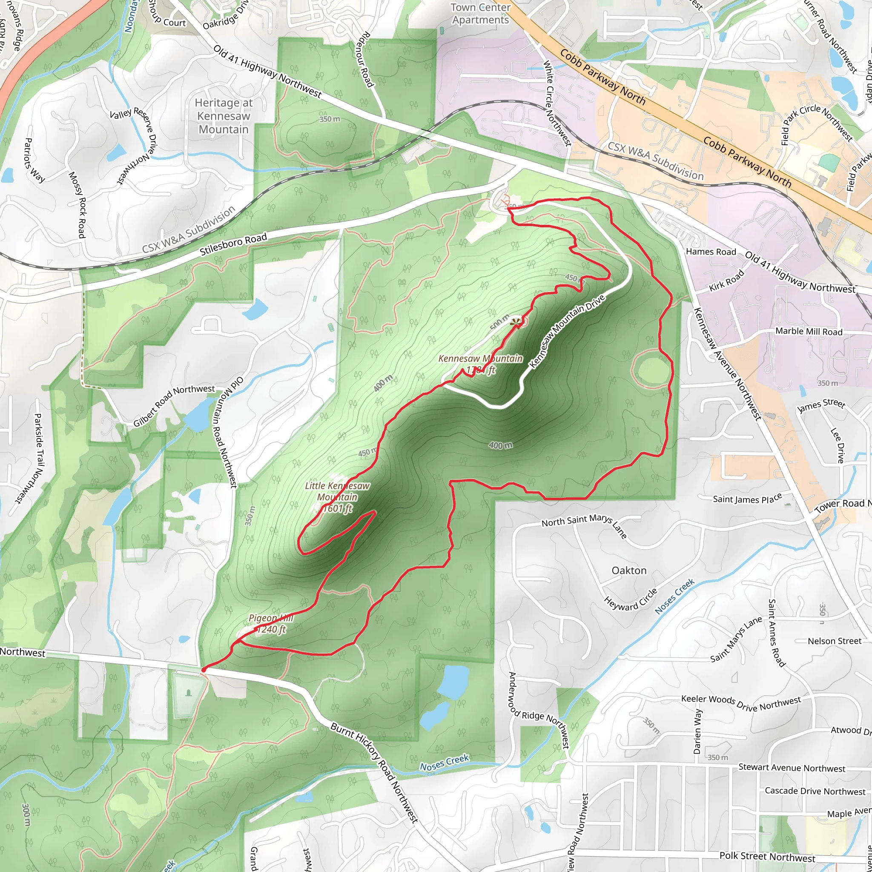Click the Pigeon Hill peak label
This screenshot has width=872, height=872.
[x=270, y=623]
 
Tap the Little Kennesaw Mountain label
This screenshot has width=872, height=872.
[x=337, y=497]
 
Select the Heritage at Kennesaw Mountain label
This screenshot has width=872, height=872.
[x=224, y=116]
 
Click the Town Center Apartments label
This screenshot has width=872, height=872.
[x=480, y=14]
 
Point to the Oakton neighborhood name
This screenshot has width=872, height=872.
[x=629, y=571]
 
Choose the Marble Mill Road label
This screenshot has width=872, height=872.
[x=809, y=331]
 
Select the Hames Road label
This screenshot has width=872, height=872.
[x=711, y=252]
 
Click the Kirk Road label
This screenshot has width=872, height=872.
[x=726, y=281]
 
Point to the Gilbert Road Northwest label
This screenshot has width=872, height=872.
[x=174, y=406]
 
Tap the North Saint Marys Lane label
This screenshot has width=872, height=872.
[x=585, y=525]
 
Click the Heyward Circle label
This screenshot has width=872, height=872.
[x=631, y=600]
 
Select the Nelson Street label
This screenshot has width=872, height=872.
[x=835, y=641]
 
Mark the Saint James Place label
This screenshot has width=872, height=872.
[x=747, y=499]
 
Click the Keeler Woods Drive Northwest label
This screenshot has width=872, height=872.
[x=741, y=703]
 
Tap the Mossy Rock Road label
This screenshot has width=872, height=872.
[x=77, y=204]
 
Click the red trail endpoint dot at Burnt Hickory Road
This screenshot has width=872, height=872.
[x=204, y=670]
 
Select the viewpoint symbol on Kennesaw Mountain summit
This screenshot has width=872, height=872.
[x=514, y=322]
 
